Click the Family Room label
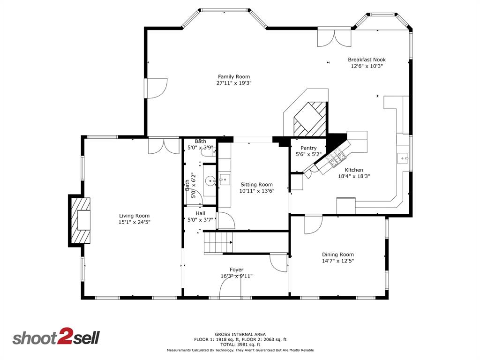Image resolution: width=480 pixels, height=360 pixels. coord(234,77)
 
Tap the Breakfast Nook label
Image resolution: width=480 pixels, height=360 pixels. coord(367,60)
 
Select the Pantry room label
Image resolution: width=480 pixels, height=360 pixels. coord(308,148)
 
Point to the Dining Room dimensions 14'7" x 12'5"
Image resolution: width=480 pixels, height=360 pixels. coord(337,261)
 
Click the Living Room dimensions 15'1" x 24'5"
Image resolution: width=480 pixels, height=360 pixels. coord(134,222)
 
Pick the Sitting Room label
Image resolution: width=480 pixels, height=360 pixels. coord(256,185)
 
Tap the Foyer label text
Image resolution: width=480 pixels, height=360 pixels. coord(236,270)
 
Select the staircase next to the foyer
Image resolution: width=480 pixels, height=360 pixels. coord(217,243)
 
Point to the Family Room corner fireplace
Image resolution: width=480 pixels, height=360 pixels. coord(308,118)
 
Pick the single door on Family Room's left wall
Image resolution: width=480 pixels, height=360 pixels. coord(156,88)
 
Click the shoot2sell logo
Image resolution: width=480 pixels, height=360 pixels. coord(56,337)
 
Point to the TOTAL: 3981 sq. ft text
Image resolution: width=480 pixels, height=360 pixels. coord(240,344)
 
